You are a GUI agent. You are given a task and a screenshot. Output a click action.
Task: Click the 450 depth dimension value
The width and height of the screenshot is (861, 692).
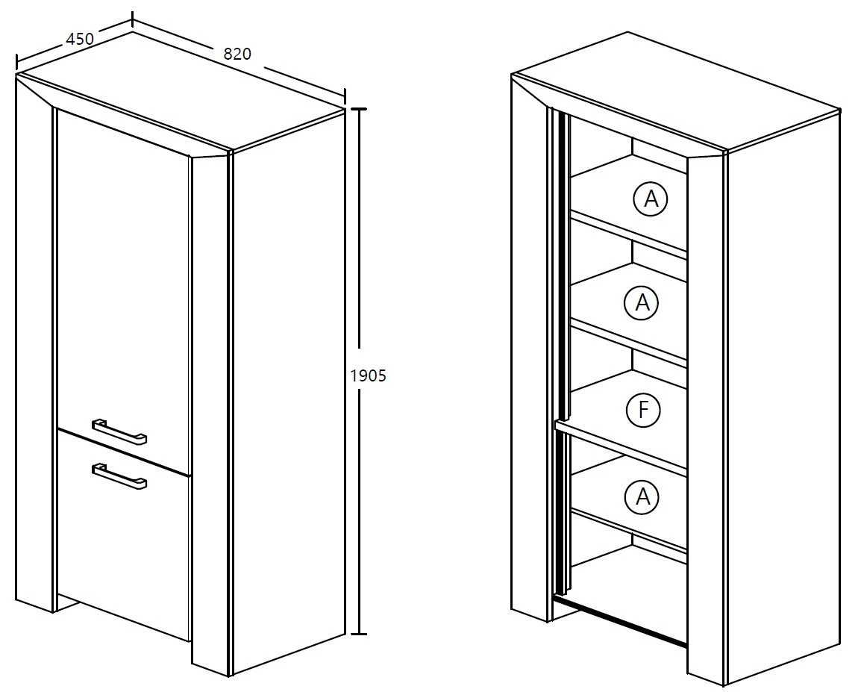[x=80, y=40]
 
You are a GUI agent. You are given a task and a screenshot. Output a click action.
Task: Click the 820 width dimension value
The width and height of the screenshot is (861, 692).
[x=237, y=54]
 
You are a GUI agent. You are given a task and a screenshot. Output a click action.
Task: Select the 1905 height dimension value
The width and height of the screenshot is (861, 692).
[x=369, y=375]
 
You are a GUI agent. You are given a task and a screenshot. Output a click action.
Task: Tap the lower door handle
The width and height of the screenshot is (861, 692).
[x=119, y=476]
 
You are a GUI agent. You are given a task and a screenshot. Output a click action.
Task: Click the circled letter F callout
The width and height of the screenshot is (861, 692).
[x=643, y=409]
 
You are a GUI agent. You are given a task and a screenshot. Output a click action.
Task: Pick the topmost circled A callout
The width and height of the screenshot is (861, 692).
[x=651, y=199]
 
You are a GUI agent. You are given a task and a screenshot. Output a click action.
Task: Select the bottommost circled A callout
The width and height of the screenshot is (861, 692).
[x=642, y=497]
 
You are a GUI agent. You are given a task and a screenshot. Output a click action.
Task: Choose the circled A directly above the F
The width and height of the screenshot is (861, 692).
[x=642, y=302]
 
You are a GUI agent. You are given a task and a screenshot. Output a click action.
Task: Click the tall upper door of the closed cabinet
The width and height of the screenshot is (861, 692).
[x=124, y=286]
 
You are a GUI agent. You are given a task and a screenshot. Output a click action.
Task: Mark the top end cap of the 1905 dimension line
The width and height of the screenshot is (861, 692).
[x=359, y=110]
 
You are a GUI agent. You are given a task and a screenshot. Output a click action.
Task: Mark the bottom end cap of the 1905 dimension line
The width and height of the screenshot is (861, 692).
[x=359, y=635]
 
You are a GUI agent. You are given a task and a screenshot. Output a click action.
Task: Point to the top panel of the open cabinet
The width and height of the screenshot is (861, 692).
[x=676, y=90]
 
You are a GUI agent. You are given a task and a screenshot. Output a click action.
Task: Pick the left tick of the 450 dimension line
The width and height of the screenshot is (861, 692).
[x=17, y=61]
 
